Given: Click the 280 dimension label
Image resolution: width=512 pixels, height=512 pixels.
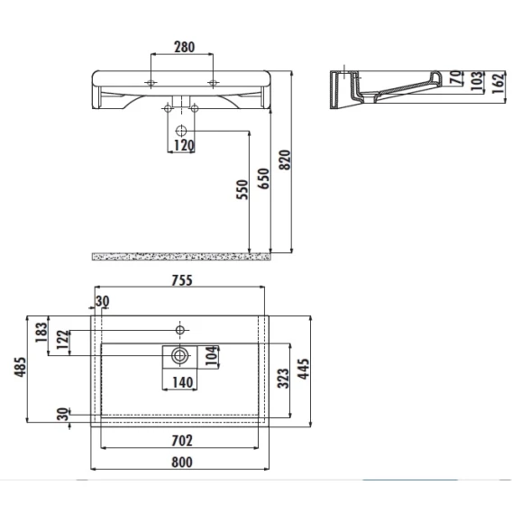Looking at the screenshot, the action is click(185, 48).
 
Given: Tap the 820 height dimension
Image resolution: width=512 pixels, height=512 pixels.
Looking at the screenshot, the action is click(285, 160).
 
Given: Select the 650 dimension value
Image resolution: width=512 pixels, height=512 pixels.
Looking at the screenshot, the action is click(263, 178).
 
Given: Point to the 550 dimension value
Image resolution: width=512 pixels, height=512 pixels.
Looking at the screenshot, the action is click(242, 189).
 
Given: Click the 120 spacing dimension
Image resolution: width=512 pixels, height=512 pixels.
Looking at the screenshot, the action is click(184, 146).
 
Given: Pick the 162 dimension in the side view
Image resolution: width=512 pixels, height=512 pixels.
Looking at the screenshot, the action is click(498, 83).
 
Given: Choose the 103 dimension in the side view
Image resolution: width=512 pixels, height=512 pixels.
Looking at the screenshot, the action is click(477, 80).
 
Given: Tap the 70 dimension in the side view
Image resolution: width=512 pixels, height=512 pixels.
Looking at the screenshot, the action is click(456, 78).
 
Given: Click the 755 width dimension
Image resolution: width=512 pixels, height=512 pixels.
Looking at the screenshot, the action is click(182, 280).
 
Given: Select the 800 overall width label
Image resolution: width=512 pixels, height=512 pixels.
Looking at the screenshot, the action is click(182, 462).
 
